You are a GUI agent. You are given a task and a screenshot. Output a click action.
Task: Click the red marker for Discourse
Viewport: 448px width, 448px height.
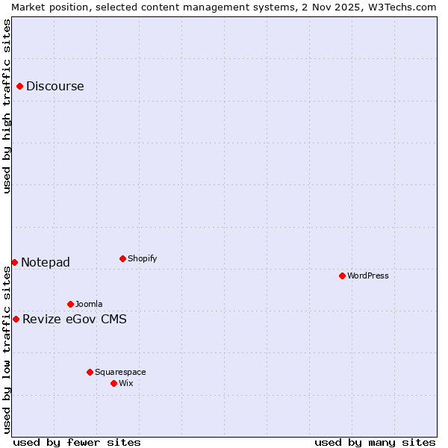(19, 87)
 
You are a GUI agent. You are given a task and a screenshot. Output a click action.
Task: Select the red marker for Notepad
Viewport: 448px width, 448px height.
(14, 262)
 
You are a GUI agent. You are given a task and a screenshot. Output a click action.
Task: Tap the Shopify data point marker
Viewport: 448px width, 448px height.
(122, 259)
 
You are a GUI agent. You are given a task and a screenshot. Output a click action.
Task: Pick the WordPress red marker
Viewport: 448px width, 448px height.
(342, 276)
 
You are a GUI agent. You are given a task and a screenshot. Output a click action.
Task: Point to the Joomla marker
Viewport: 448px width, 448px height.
(70, 304)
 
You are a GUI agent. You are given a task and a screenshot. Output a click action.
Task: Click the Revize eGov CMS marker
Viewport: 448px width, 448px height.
(16, 320)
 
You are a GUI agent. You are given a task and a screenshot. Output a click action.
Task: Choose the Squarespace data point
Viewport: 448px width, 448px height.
(90, 372)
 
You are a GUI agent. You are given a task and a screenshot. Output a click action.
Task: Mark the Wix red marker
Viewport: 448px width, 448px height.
(113, 383)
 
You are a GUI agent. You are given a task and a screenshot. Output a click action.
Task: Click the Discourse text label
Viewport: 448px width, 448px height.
(55, 87)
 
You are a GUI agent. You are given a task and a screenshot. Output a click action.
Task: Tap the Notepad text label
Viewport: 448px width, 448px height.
(46, 262)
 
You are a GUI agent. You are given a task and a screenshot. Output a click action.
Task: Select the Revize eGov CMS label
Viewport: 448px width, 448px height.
(75, 320)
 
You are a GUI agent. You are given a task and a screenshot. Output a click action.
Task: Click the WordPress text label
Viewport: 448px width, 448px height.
(368, 276)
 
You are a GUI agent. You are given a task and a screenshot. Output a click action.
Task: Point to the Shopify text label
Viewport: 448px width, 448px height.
(142, 259)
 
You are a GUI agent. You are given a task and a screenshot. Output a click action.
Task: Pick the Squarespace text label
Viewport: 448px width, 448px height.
(120, 372)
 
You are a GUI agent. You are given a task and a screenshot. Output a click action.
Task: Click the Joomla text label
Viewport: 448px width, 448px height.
(89, 304)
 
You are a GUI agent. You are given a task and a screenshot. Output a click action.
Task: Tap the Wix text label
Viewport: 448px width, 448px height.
(126, 383)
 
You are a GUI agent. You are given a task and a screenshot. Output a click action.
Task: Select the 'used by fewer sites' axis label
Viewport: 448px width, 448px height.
(77, 442)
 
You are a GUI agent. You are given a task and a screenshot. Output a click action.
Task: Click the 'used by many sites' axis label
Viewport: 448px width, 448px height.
(375, 442)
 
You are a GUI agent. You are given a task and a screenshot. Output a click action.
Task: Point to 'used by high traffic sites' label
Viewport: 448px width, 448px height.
(7, 107)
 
